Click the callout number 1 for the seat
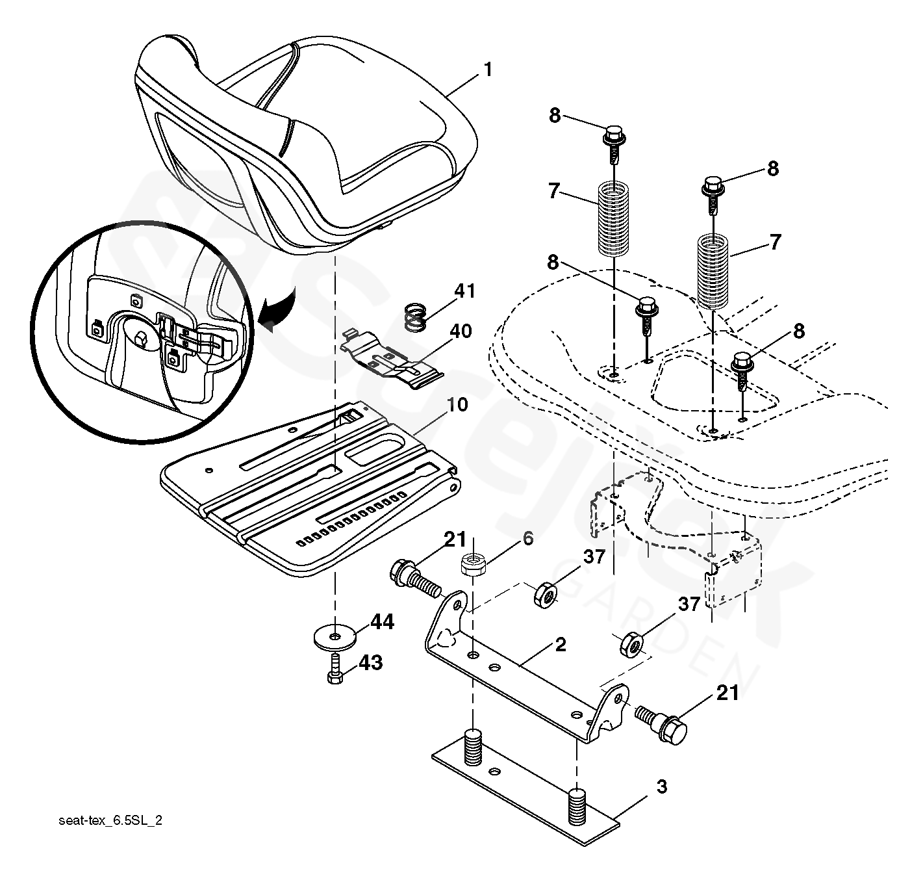pos(487,70)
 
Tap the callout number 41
pos(465,291)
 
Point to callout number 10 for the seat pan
pos(457,405)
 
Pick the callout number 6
pos(528,538)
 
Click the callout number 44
pos(383,623)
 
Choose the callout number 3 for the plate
pos(661,787)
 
